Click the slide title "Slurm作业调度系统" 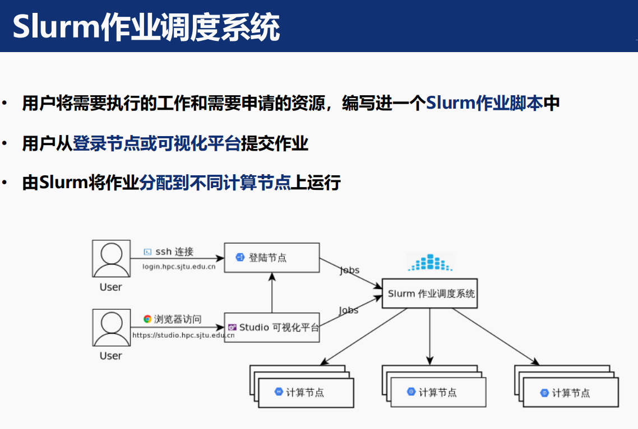tap(146, 27)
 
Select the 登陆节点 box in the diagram tap(271, 258)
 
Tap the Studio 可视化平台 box tap(272, 328)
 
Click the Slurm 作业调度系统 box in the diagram tap(430, 293)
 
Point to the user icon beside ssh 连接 tap(110, 259)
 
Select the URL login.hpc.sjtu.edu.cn tap(179, 267)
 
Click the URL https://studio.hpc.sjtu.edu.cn tap(183, 335)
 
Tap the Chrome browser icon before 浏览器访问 tap(147, 319)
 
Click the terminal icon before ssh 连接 tap(148, 252)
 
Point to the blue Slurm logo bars tap(429, 262)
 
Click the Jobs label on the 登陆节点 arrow tap(349, 270)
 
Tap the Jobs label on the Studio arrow tap(348, 310)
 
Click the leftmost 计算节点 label tap(305, 393)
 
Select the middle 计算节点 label tap(437, 393)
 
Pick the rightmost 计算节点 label tap(571, 393)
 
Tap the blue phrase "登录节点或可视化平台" tap(156, 144)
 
